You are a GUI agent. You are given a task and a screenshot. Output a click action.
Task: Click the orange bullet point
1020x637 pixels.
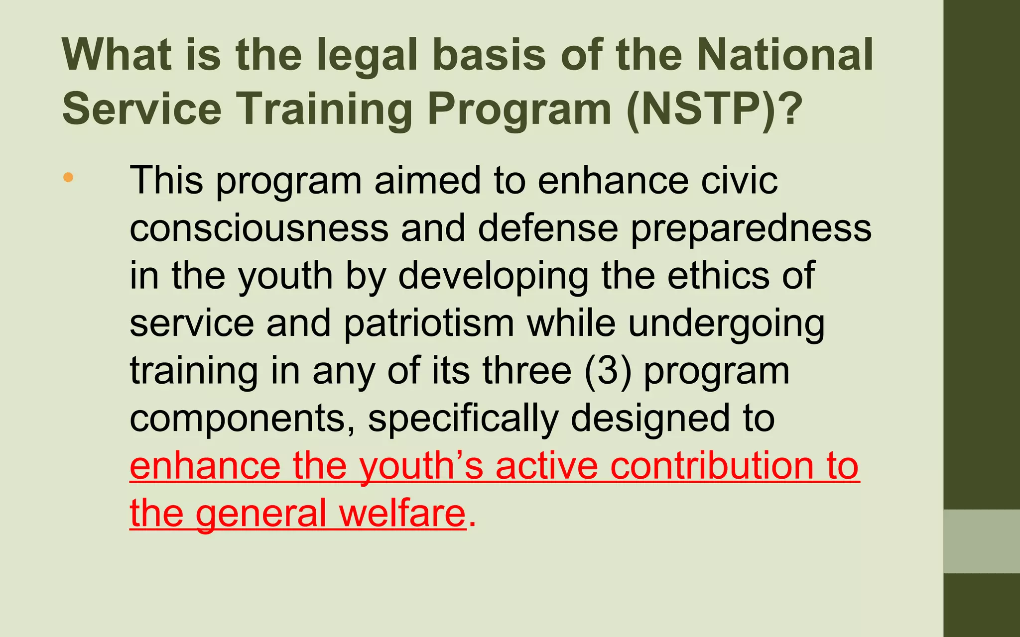click(x=68, y=177)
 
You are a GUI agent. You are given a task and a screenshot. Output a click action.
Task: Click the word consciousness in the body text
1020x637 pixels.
click(x=259, y=228)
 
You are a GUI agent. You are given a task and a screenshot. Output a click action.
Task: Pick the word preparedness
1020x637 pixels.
click(x=751, y=229)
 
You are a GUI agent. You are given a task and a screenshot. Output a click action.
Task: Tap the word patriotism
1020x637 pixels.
click(x=429, y=323)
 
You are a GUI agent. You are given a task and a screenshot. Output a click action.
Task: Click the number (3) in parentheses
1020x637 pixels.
click(x=608, y=371)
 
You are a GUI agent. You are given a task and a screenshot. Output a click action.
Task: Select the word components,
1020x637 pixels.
click(x=243, y=419)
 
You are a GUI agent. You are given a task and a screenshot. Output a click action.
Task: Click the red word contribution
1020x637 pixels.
click(x=713, y=466)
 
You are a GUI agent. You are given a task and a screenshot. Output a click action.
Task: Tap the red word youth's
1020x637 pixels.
click(x=421, y=467)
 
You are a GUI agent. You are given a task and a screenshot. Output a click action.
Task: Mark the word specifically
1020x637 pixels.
click(x=463, y=419)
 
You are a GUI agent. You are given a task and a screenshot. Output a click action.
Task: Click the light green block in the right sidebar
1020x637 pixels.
click(x=982, y=541)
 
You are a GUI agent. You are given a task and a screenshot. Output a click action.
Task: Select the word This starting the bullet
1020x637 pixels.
click(x=167, y=180)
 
